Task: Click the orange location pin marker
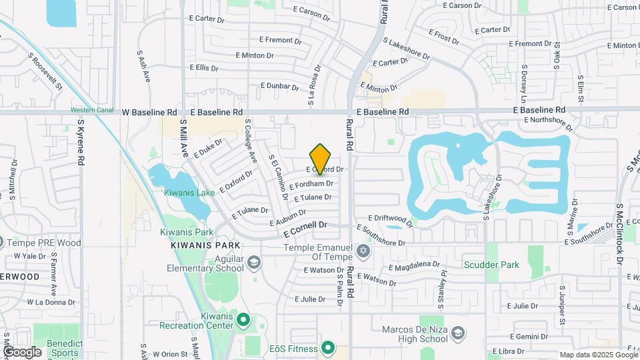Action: point(321,159)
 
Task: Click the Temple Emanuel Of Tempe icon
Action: point(363,251)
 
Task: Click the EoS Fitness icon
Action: point(327,347)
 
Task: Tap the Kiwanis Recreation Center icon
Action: point(243,320)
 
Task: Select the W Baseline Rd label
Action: point(149,113)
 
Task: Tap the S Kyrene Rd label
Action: point(81,143)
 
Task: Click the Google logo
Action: point(22,351)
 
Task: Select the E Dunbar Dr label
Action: point(279,86)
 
